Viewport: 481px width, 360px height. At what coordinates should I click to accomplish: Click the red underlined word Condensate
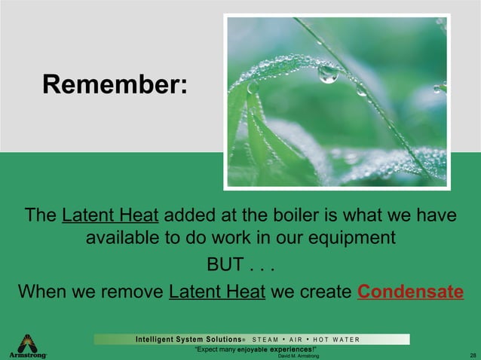(x=410, y=291)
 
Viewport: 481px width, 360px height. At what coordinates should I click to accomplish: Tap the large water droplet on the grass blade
(x=328, y=73)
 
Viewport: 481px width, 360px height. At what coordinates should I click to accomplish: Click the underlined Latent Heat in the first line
(x=110, y=215)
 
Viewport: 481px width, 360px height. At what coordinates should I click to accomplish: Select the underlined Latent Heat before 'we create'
(x=217, y=291)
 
